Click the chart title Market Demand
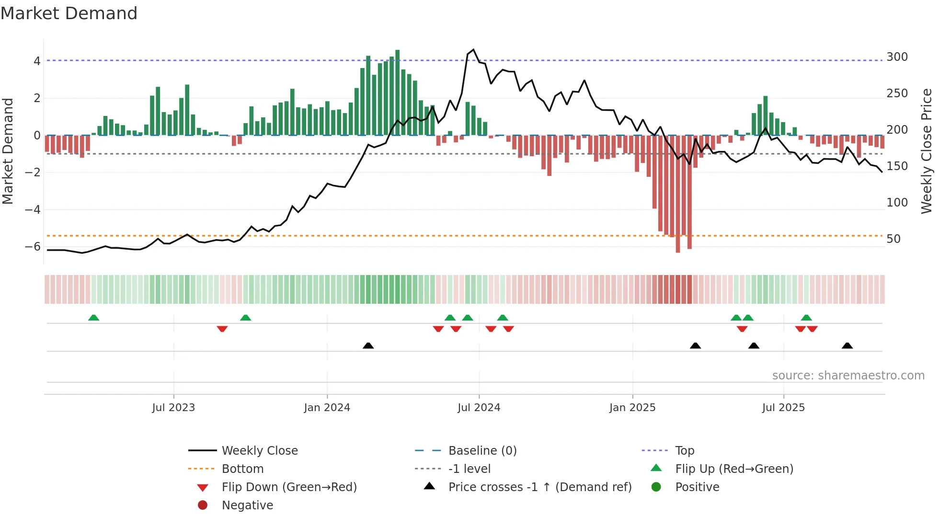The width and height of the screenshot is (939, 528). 69,13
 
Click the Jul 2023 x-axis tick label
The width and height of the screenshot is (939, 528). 173,408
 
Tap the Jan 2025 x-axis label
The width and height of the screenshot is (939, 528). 632,408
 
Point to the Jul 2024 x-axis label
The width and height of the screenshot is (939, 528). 479,408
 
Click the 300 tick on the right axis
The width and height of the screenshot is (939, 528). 897,57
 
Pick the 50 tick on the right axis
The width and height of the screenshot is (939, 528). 893,239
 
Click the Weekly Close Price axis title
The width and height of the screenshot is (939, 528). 927,151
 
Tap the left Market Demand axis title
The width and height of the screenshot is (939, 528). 8,151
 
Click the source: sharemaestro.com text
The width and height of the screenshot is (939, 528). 848,376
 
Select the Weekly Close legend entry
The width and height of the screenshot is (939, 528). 259,451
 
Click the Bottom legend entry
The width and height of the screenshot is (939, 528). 242,469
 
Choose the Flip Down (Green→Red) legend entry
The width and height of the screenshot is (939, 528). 289,487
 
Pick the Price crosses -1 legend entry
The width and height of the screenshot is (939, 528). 539,487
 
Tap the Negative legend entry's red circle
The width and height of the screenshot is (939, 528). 203,505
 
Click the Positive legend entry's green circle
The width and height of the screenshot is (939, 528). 656,487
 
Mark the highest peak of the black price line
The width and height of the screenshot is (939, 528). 473,49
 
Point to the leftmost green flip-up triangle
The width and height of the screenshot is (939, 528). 94,318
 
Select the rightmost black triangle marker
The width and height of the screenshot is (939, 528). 847,345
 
